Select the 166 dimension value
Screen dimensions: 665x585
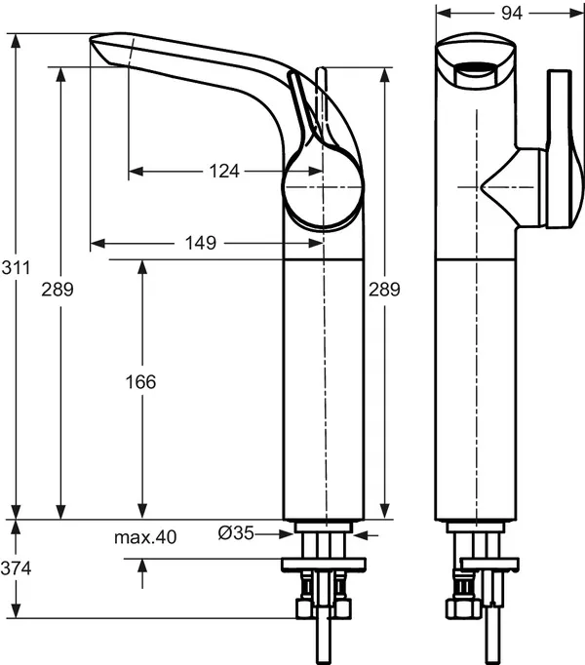point(142,382)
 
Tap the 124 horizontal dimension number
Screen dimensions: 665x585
point(223,172)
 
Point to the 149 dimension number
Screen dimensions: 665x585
point(200,243)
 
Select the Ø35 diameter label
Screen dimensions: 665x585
point(236,533)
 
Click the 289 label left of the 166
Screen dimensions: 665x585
point(59,289)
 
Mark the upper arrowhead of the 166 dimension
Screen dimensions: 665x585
point(142,266)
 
